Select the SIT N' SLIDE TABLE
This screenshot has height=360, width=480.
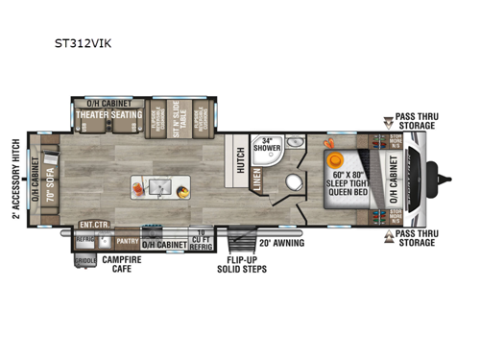(x=177, y=119)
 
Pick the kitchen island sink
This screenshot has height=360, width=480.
(x=157, y=184)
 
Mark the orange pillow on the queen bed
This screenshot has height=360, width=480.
(x=335, y=159)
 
